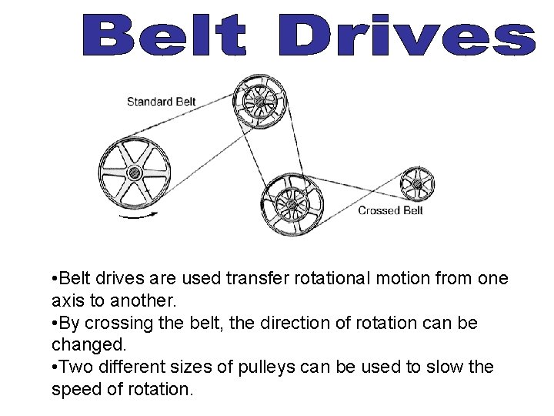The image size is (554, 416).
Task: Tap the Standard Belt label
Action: click(x=162, y=101)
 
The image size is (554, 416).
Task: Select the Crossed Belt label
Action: click(x=390, y=210)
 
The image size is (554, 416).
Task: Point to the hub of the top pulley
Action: click(x=259, y=102)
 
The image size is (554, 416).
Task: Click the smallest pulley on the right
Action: click(x=417, y=185)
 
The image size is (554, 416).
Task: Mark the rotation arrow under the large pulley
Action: click(x=139, y=216)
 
